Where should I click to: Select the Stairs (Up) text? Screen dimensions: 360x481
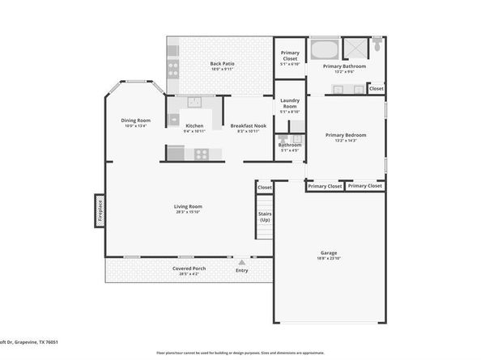point(265,216)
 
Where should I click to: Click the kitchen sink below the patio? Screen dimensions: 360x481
point(194,102)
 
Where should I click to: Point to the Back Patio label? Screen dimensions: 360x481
point(222,64)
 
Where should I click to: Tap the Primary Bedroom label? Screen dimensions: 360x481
point(346,135)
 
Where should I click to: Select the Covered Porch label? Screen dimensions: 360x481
point(189,269)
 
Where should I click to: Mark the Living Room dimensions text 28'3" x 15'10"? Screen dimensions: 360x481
point(187,213)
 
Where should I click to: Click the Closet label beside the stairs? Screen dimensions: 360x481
point(265,188)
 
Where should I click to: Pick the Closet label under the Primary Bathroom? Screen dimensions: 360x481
point(377,88)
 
